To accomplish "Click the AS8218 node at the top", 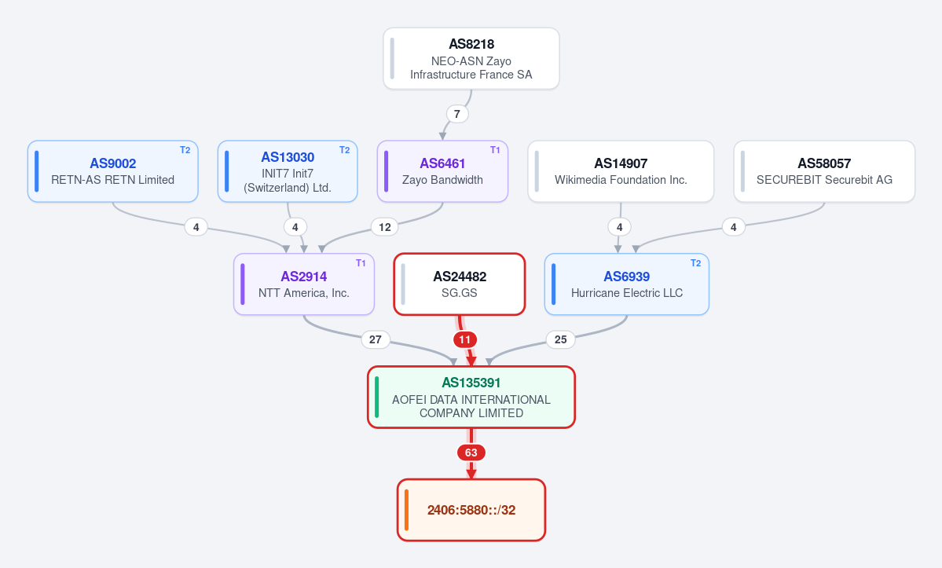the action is click(471, 59).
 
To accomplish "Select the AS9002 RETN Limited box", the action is click(113, 171).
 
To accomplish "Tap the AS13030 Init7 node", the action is click(288, 171).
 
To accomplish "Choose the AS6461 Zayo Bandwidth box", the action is click(443, 171).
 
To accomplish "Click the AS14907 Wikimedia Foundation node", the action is click(621, 171).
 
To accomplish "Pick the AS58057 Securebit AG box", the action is click(824, 171).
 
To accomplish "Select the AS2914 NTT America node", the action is click(304, 284).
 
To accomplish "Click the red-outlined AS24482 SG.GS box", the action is click(460, 284).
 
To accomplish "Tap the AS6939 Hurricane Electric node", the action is click(627, 284).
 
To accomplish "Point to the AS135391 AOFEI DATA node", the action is click(471, 397).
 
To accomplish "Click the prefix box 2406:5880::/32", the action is click(471, 510).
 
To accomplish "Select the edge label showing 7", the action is click(457, 114).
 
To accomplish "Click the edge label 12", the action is click(385, 227).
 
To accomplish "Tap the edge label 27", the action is click(376, 340).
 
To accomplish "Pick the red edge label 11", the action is click(465, 340).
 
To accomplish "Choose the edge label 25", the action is click(560, 340).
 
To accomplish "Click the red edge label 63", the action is click(471, 453).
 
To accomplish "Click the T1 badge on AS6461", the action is click(495, 150).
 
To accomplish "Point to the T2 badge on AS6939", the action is click(695, 263).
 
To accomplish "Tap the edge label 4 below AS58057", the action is click(734, 227).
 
